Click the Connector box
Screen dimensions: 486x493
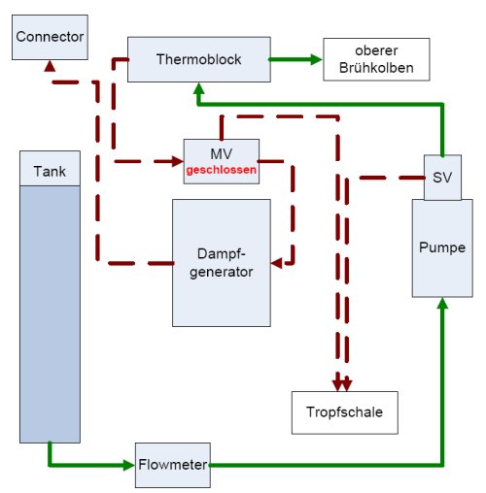pyautogui.click(x=50, y=37)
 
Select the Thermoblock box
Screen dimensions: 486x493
pyautogui.click(x=199, y=59)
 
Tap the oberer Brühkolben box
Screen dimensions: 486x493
pyautogui.click(x=376, y=59)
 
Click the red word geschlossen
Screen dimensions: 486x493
pyautogui.click(x=222, y=170)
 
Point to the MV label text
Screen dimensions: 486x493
pyautogui.click(x=222, y=154)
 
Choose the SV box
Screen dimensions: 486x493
pyautogui.click(x=442, y=178)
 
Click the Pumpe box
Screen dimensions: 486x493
pyautogui.click(x=442, y=248)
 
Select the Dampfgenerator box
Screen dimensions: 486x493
pyautogui.click(x=222, y=263)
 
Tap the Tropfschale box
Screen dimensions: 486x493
pyautogui.click(x=345, y=412)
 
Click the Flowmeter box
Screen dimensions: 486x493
pyautogui.click(x=173, y=465)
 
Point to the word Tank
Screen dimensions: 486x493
pyautogui.click(x=50, y=171)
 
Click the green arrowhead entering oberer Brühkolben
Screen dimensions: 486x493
pyautogui.click(x=317, y=59)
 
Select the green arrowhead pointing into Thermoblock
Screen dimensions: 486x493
pyautogui.click(x=199, y=88)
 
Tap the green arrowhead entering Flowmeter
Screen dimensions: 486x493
pyautogui.click(x=129, y=465)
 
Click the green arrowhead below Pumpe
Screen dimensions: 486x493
pyautogui.click(x=442, y=303)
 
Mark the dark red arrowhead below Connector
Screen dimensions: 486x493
pyautogui.click(x=50, y=66)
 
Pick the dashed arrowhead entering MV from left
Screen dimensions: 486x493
pyautogui.click(x=178, y=161)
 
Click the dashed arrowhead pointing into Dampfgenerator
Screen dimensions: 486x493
pyautogui.click(x=276, y=263)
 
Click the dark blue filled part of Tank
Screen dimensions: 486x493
pyautogui.click(x=50, y=313)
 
